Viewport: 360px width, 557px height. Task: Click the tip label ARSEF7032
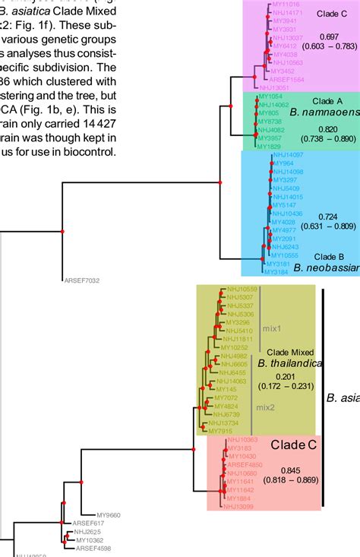pyautogui.click(x=81, y=281)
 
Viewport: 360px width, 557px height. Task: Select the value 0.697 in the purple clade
pyautogui.click(x=329, y=36)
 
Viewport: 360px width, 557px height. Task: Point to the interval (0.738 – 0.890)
pyautogui.click(x=329, y=139)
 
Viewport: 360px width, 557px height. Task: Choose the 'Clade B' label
pyautogui.click(x=329, y=256)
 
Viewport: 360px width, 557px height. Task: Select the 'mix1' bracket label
pyautogui.click(x=273, y=328)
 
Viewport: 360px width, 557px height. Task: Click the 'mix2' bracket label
pyautogui.click(x=265, y=407)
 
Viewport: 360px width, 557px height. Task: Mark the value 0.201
pyautogui.click(x=285, y=378)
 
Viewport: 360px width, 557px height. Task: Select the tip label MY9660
pyautogui.click(x=109, y=515)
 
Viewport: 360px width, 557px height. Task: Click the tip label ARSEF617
pyautogui.click(x=87, y=524)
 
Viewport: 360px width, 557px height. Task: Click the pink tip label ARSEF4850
pyautogui.click(x=245, y=464)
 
